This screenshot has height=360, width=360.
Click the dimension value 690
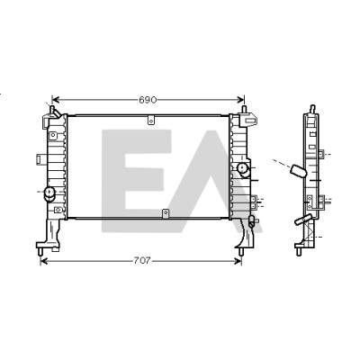tap(148, 100)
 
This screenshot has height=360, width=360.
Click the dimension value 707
tap(141, 261)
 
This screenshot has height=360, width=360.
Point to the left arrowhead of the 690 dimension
tap(56, 100)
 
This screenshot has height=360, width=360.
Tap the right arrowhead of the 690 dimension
tap(240, 100)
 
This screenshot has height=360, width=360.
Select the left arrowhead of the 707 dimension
tap(44, 261)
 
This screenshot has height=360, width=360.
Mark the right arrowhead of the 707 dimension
tap(238, 261)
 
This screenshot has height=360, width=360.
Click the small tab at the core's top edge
tap(151, 120)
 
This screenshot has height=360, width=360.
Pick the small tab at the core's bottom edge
tap(166, 213)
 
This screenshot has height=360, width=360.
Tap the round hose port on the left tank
tap(49, 193)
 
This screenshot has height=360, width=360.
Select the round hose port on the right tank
tap(243, 169)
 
